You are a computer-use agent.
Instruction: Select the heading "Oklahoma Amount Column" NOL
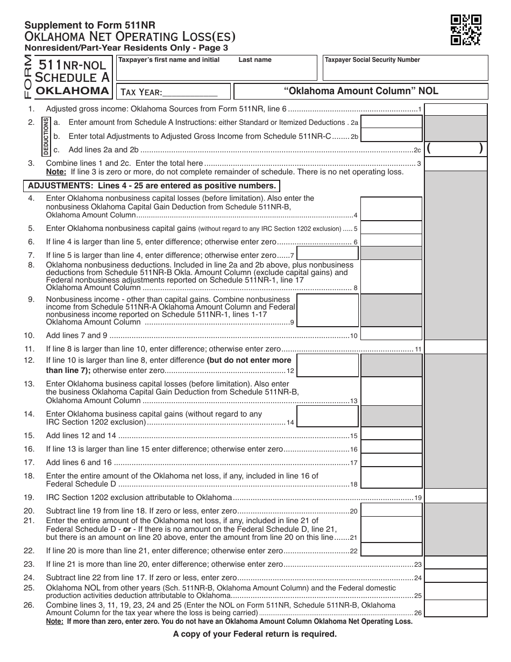click(361, 91)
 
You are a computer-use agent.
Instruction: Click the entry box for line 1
click(456, 110)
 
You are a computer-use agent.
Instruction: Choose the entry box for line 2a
click(391, 123)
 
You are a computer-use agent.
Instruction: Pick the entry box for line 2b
click(391, 136)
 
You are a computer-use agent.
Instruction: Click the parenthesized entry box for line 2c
click(456, 149)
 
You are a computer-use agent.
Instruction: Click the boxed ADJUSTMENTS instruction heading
click(152, 186)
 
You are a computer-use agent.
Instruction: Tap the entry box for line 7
click(327, 253)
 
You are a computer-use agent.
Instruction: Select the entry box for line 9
click(327, 311)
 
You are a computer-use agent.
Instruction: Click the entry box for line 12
click(327, 364)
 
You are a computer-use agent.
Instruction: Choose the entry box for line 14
click(327, 416)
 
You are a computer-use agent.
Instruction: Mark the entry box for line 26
click(456, 609)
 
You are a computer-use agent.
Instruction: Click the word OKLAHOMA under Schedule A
click(72, 90)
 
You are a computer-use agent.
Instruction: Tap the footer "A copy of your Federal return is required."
click(254, 634)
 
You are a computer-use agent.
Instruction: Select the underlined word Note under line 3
click(55, 172)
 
